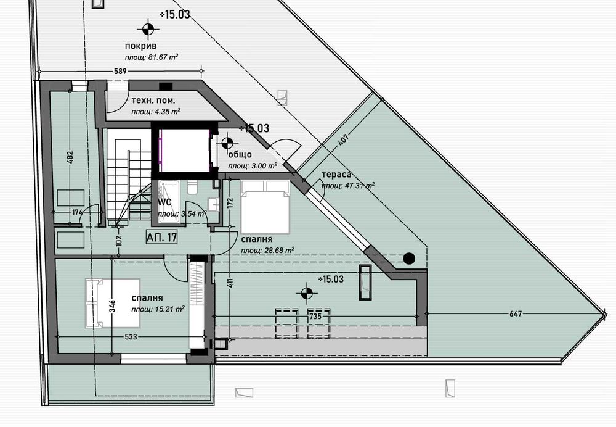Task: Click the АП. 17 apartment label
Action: coord(162,236)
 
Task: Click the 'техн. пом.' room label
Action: coord(153,101)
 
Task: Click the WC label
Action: coord(164,202)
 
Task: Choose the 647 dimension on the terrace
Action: coord(516,314)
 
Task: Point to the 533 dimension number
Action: coord(130,337)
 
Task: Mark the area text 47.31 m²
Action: coord(347,185)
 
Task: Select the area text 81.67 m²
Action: coord(152,57)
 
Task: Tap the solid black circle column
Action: coord(408,258)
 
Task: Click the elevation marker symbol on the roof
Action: coord(148,27)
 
